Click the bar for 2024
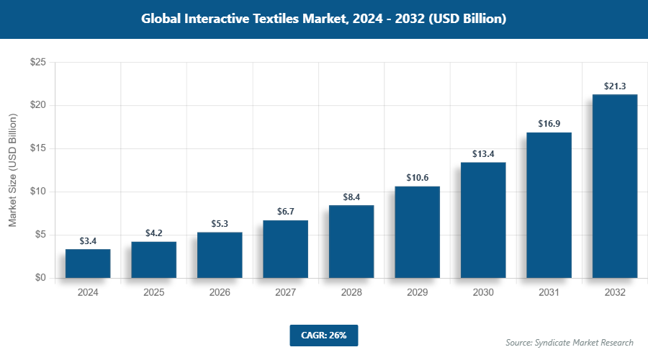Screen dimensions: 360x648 (88, 264)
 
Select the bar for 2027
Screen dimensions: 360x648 (285, 249)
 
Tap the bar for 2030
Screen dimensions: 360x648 (483, 220)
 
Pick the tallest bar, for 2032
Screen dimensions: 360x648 (615, 186)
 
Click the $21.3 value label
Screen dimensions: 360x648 (615, 86)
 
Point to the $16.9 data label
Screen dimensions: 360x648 (549, 124)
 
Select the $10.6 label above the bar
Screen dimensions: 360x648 (417, 178)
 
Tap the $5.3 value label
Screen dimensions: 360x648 (220, 224)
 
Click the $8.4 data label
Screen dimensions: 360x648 (351, 197)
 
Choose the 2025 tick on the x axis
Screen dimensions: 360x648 (153, 293)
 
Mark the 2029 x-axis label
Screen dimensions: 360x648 (417, 293)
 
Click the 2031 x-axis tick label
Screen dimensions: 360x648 (549, 293)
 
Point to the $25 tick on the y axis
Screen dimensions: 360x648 (38, 63)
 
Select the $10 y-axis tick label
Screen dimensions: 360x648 (38, 192)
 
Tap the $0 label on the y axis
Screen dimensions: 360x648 (41, 278)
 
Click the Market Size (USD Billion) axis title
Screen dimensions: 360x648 (13, 171)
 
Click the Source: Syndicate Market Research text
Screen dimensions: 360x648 (570, 343)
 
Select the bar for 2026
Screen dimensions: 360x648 (220, 255)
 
